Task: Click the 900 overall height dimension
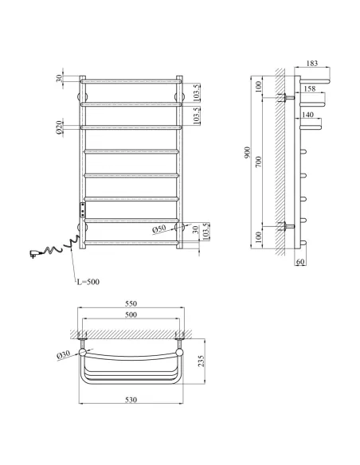point(248,152)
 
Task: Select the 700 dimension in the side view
point(259,162)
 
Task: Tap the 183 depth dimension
point(312,63)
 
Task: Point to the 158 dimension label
point(310,88)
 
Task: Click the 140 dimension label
point(307,115)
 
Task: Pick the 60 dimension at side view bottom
point(300,262)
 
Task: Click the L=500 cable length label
point(88,282)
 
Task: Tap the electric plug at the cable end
point(33,253)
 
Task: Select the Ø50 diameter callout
point(159,229)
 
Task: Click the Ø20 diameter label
point(59,127)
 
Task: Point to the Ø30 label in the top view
point(63,354)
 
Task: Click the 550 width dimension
point(131,303)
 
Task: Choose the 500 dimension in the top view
point(131,315)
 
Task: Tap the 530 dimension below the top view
point(131,400)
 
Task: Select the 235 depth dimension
point(202,361)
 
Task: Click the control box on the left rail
point(82,209)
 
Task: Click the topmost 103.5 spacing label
point(197,93)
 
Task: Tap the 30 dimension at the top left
point(60,78)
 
